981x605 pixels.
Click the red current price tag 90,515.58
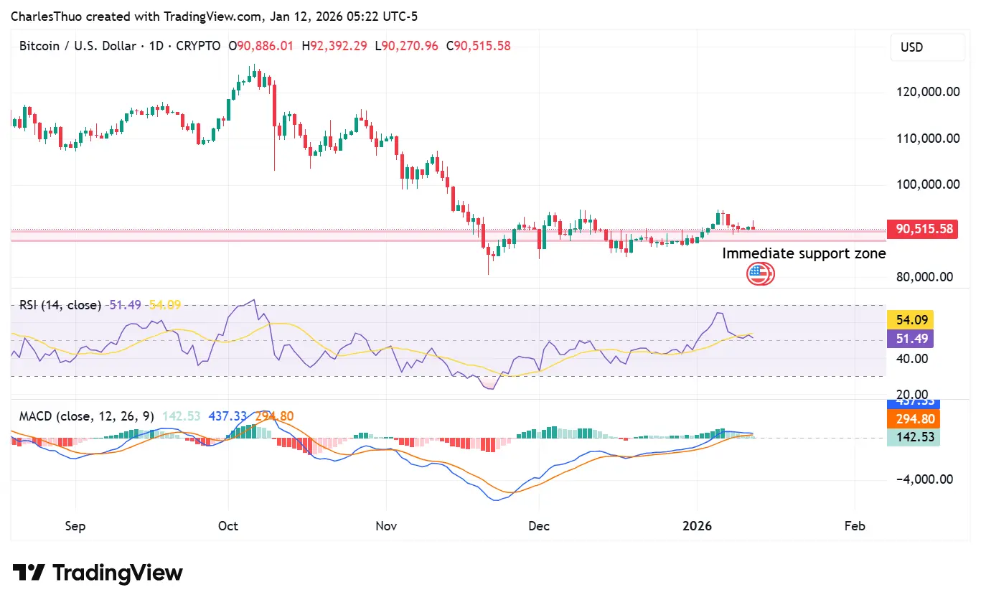[922, 230]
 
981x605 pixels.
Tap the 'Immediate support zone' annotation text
[804, 253]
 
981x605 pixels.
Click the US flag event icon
[759, 273]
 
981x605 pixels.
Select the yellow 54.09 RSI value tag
[910, 320]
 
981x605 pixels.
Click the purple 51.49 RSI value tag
[910, 339]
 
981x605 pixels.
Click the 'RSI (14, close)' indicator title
[60, 305]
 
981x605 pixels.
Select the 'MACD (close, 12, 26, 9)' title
[86, 416]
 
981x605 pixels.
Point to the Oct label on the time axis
[227, 526]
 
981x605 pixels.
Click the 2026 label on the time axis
[697, 526]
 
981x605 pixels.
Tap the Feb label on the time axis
[855, 526]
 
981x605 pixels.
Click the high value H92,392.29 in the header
[334, 46]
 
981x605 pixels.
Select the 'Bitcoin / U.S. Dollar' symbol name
[78, 46]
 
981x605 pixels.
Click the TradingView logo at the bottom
[98, 573]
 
